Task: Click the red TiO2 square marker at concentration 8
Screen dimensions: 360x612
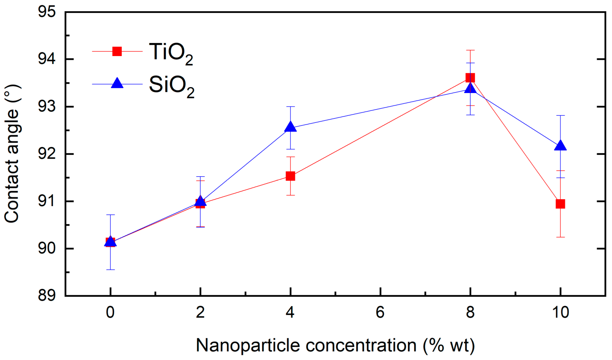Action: pyautogui.click(x=470, y=78)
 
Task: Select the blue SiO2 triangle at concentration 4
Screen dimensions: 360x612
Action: pyautogui.click(x=290, y=127)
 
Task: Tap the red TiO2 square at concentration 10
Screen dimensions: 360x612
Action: pyautogui.click(x=560, y=204)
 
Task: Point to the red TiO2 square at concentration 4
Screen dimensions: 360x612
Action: pyautogui.click(x=290, y=176)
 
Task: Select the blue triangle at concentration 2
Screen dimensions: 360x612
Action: pyautogui.click(x=200, y=201)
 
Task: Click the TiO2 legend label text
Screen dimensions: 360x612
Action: pyautogui.click(x=171, y=53)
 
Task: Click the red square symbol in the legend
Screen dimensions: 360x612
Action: pyautogui.click(x=117, y=51)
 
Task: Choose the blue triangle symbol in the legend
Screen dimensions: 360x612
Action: pyautogui.click(x=117, y=83)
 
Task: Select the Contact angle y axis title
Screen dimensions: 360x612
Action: pyautogui.click(x=12, y=154)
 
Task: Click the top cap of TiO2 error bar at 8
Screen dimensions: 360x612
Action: pyautogui.click(x=470, y=50)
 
